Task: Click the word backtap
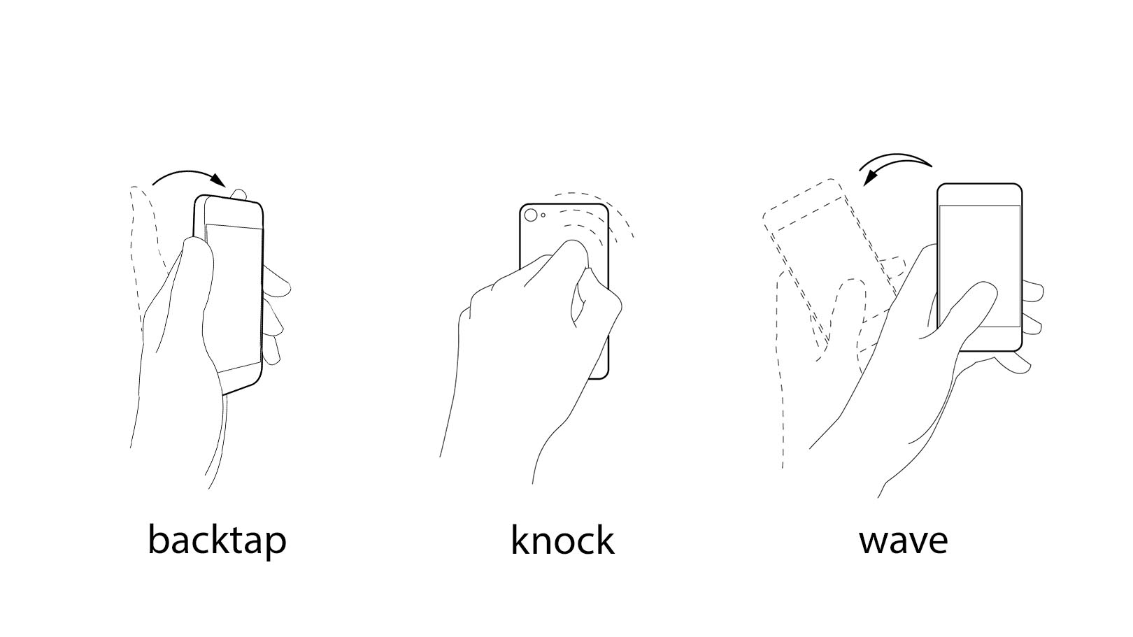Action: point(217,541)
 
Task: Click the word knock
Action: point(562,539)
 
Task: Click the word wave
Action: point(903,541)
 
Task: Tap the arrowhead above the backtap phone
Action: point(218,180)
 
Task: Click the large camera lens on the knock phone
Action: point(531,215)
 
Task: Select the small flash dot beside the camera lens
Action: point(543,215)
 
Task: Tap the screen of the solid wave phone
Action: point(979,266)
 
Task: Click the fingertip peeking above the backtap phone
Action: point(238,194)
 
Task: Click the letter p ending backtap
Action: point(276,545)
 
